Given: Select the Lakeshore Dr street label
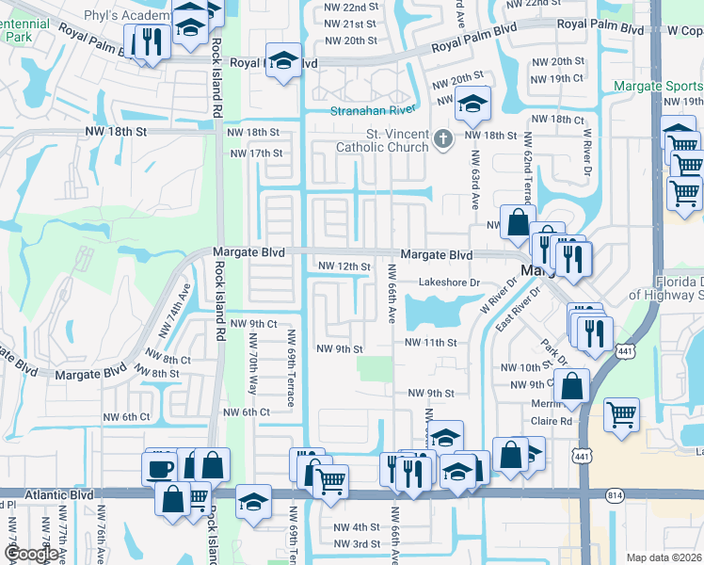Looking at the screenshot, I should point(449,282).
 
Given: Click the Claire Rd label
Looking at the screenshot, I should point(552,421).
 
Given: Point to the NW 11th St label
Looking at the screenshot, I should point(432,343).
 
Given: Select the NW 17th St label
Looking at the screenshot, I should point(255,153).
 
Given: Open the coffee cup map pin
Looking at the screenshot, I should point(159,467).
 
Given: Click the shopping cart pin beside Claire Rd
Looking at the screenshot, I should point(621,414).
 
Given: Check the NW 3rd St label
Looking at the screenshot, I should point(353,544).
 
